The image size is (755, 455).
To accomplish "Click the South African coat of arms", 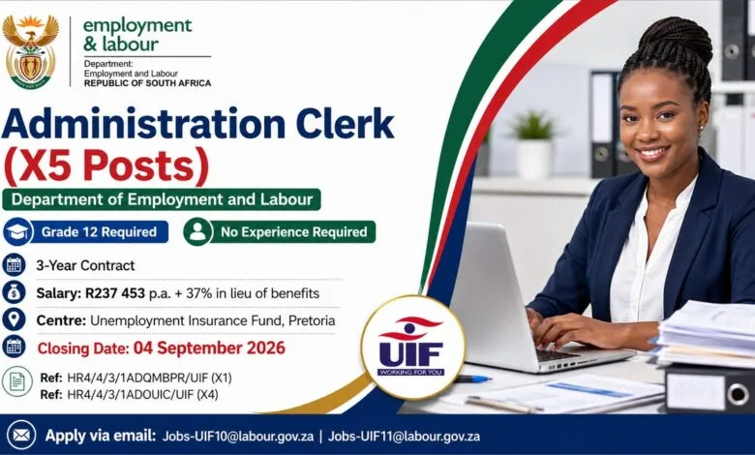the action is coord(30,51).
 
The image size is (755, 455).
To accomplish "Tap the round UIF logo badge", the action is coord(412,348).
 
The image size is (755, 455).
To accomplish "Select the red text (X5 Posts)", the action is coord(106,167).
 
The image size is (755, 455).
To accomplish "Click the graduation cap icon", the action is coord(17,231).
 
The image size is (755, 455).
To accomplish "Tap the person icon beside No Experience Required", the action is coord(197,231).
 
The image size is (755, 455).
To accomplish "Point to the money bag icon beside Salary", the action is coord(14,292).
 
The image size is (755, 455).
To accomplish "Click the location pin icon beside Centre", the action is coord(14,319).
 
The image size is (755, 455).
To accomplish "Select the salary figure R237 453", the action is coord(115,293).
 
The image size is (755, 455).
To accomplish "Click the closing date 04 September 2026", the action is coord(209,349).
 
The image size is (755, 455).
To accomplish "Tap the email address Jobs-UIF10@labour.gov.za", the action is coord(238,437).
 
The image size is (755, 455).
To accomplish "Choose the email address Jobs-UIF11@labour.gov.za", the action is coord(404,437).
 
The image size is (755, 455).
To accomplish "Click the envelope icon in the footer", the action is coord(20,436).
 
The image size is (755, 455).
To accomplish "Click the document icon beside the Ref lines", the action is coord(17,381).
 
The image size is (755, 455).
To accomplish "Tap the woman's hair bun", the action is coord(678,39).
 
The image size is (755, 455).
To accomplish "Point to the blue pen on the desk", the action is coord(472,379).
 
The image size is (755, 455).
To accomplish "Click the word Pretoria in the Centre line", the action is coord(312,320).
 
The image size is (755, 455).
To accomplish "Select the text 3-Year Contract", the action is coord(85,265).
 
